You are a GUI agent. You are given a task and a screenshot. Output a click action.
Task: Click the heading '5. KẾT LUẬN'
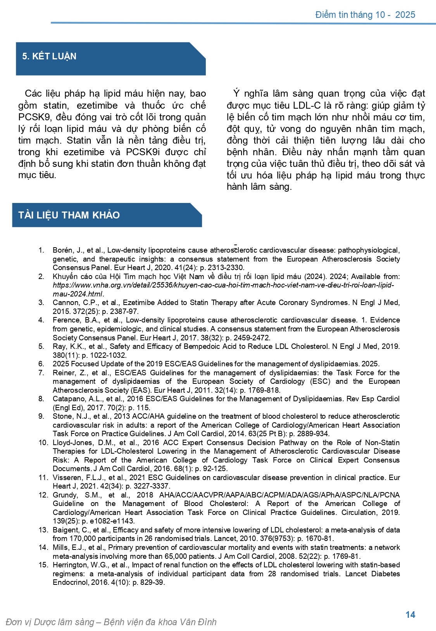(49, 57)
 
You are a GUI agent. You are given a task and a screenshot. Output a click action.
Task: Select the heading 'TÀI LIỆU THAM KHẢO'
(69, 215)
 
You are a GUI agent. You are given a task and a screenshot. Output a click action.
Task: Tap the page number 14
(410, 615)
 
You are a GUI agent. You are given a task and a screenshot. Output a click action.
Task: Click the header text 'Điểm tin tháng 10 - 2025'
(365, 15)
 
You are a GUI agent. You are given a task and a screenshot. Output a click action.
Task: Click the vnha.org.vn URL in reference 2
(223, 285)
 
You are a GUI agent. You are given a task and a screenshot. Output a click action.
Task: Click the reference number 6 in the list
(41, 364)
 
